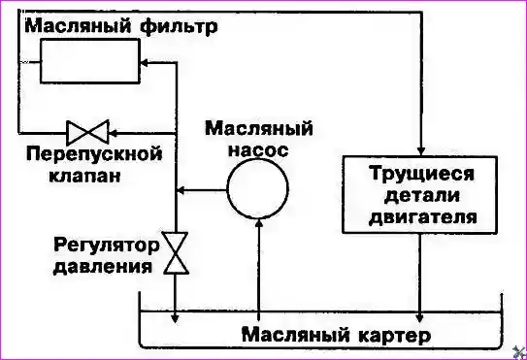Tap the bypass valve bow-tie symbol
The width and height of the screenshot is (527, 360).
(87, 130)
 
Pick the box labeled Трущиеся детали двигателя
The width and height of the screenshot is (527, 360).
(422, 194)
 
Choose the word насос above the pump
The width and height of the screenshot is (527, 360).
(258, 148)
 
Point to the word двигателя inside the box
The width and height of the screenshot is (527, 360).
(422, 216)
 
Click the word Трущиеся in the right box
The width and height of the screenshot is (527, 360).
(422, 174)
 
